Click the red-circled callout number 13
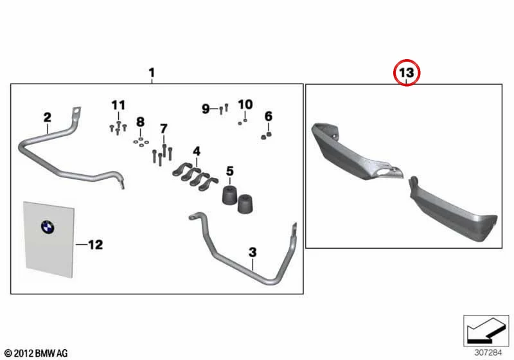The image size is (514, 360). point(407,73)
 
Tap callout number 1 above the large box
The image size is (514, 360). point(152,73)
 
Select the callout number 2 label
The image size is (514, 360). point(48,117)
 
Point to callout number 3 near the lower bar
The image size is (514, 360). point(253,252)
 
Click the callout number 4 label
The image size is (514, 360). point(197,151)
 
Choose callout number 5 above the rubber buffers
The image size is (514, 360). point(230,171)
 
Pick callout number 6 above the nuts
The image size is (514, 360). point(268,116)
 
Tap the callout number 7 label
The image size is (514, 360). point(164,128)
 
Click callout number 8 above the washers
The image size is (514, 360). point(140,122)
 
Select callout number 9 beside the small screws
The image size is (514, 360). point(206,109)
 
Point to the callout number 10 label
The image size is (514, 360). point(245,105)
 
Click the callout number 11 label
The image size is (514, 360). point(118,105)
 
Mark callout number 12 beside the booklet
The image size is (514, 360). point(96,244)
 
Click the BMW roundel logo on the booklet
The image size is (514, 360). point(48,227)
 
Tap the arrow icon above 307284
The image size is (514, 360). point(486,330)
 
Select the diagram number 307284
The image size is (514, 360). point(488,353)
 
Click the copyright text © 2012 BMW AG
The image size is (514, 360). point(37,353)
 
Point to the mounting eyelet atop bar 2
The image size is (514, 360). point(77,112)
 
